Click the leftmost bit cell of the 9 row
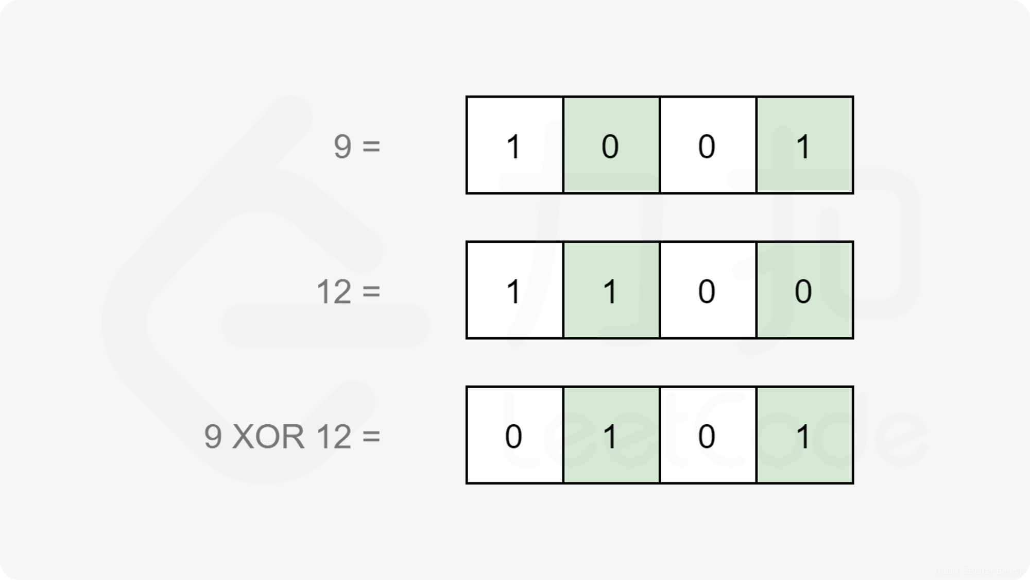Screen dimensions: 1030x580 click(514, 145)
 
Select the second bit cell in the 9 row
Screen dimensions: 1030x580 click(611, 145)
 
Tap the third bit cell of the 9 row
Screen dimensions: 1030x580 click(708, 145)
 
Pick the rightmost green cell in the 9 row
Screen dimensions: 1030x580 click(804, 145)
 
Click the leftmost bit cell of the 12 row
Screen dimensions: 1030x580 click(514, 290)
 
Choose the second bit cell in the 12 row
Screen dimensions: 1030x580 click(611, 290)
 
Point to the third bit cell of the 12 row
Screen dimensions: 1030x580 click(708, 290)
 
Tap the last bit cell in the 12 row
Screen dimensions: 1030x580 click(804, 290)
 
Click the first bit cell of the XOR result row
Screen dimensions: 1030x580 click(514, 435)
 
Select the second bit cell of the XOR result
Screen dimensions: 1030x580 click(611, 435)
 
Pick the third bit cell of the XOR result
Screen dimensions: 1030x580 click(708, 435)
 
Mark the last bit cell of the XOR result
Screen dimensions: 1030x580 click(804, 435)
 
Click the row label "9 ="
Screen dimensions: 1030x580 click(356, 146)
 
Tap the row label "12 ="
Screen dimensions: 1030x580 click(348, 291)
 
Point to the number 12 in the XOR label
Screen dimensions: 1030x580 click(334, 436)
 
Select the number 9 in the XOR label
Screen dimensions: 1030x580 click(213, 436)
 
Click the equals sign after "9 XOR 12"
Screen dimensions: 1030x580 click(371, 436)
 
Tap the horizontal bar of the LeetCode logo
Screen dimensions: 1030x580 click(325, 325)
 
